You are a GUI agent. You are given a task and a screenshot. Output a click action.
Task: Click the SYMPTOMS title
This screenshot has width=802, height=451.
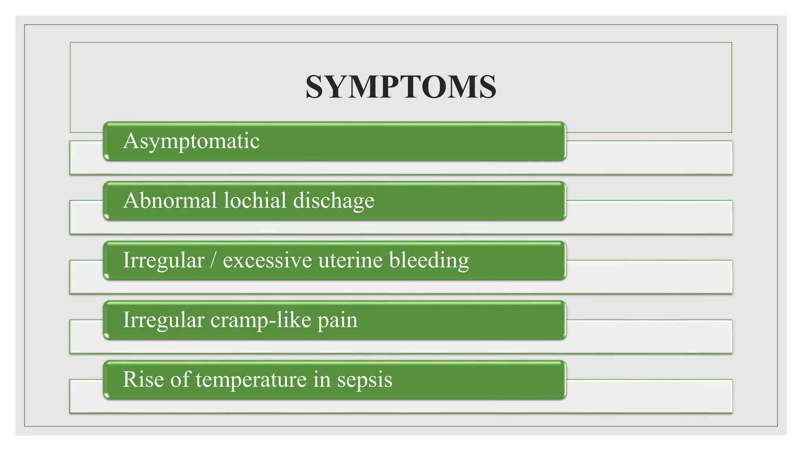pyautogui.click(x=401, y=87)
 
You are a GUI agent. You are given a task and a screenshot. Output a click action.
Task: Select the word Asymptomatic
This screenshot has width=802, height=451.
pyautogui.click(x=191, y=141)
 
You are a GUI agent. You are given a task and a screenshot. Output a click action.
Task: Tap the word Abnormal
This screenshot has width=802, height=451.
pyautogui.click(x=170, y=200)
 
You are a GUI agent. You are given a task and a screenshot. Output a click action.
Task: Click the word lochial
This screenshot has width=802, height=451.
pyautogui.click(x=255, y=200)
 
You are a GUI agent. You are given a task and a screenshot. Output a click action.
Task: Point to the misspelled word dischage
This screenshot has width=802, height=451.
pyautogui.click(x=334, y=201)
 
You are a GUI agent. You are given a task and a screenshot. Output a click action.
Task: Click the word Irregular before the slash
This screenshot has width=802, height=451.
pyautogui.click(x=164, y=261)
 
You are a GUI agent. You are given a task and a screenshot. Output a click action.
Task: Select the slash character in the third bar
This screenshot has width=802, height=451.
pyautogui.click(x=213, y=261)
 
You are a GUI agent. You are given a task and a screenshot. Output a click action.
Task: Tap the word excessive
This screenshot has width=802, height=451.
pyautogui.click(x=267, y=261)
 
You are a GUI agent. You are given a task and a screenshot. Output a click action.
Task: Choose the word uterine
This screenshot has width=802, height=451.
pyautogui.click(x=350, y=261)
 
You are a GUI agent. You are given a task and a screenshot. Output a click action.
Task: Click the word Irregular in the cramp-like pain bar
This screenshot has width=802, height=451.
pyautogui.click(x=164, y=320)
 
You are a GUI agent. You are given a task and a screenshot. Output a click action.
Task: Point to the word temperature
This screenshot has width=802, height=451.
pyautogui.click(x=251, y=380)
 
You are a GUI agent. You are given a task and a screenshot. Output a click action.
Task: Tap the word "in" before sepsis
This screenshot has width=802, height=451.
pyautogui.click(x=322, y=379)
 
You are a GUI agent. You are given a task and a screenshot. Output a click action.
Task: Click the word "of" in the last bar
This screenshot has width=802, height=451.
pyautogui.click(x=180, y=379)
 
